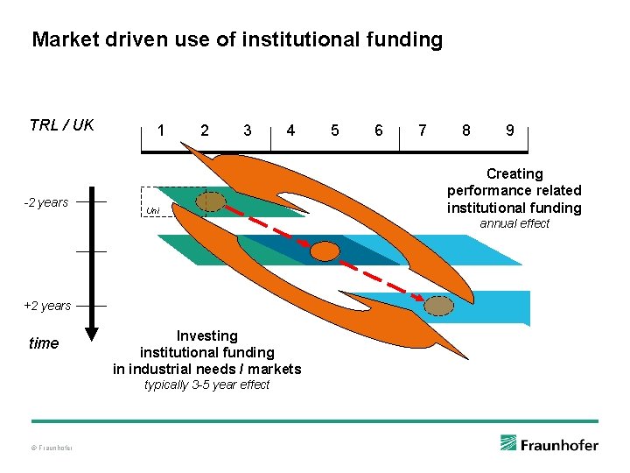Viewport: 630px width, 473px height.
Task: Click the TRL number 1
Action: tap(160, 131)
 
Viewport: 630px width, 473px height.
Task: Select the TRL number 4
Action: tap(290, 131)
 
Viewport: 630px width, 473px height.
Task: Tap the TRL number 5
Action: tap(334, 131)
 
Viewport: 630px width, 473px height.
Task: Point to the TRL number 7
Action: tap(423, 131)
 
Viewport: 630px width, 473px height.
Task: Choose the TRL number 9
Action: tap(509, 131)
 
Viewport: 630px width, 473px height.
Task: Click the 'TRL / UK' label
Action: tap(61, 124)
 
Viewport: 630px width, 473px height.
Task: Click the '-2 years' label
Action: tap(45, 202)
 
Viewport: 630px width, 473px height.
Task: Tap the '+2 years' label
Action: tap(47, 306)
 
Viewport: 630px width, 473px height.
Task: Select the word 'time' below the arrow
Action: tap(44, 343)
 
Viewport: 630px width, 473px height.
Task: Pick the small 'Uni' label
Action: tap(152, 210)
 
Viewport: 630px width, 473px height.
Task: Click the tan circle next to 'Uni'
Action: tap(210, 202)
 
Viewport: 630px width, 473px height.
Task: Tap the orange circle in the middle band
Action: tap(325, 252)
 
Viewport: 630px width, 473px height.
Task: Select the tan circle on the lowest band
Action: tap(439, 306)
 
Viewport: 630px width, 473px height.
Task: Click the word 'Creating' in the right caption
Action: tap(514, 173)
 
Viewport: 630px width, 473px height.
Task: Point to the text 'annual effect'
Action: tap(514, 223)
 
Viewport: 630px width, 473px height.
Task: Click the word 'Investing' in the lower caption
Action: tap(206, 335)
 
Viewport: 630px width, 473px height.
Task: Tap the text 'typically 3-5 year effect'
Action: tap(206, 385)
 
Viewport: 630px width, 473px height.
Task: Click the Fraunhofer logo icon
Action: tap(508, 443)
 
